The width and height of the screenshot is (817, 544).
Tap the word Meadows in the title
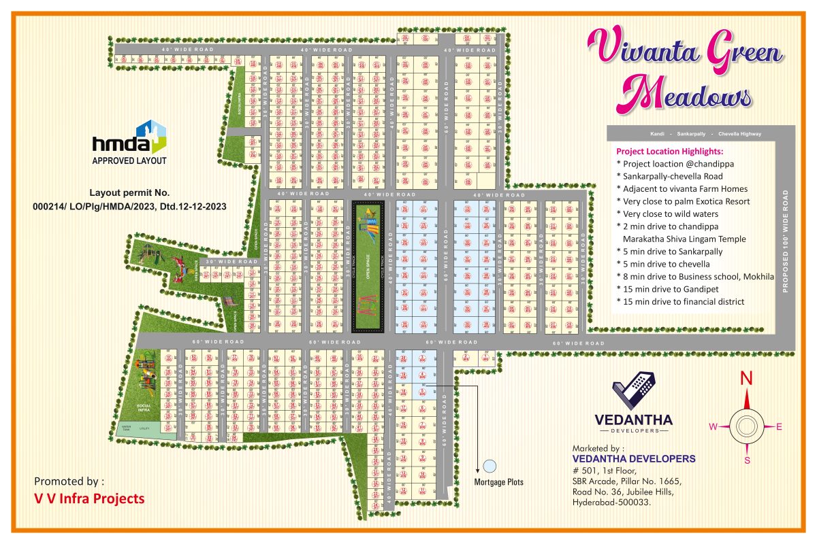(x=687, y=96)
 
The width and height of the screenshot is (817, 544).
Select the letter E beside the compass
(x=780, y=426)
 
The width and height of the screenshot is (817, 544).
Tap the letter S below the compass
(x=747, y=460)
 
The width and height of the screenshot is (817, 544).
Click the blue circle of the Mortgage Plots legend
(x=490, y=466)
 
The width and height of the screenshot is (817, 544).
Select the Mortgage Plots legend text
(x=499, y=482)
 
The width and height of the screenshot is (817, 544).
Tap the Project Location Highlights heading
(x=669, y=151)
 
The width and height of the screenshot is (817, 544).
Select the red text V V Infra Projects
(x=89, y=498)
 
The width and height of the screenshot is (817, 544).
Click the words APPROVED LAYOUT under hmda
(x=129, y=161)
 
